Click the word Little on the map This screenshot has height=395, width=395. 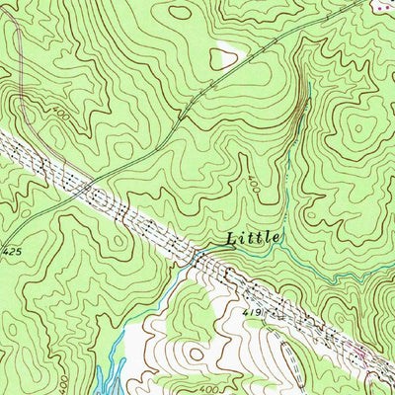pyautogui.click(x=254, y=238)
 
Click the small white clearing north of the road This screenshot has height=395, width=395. pyautogui.click(x=224, y=59)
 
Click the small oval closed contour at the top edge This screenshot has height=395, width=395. pyautogui.click(x=180, y=12)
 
